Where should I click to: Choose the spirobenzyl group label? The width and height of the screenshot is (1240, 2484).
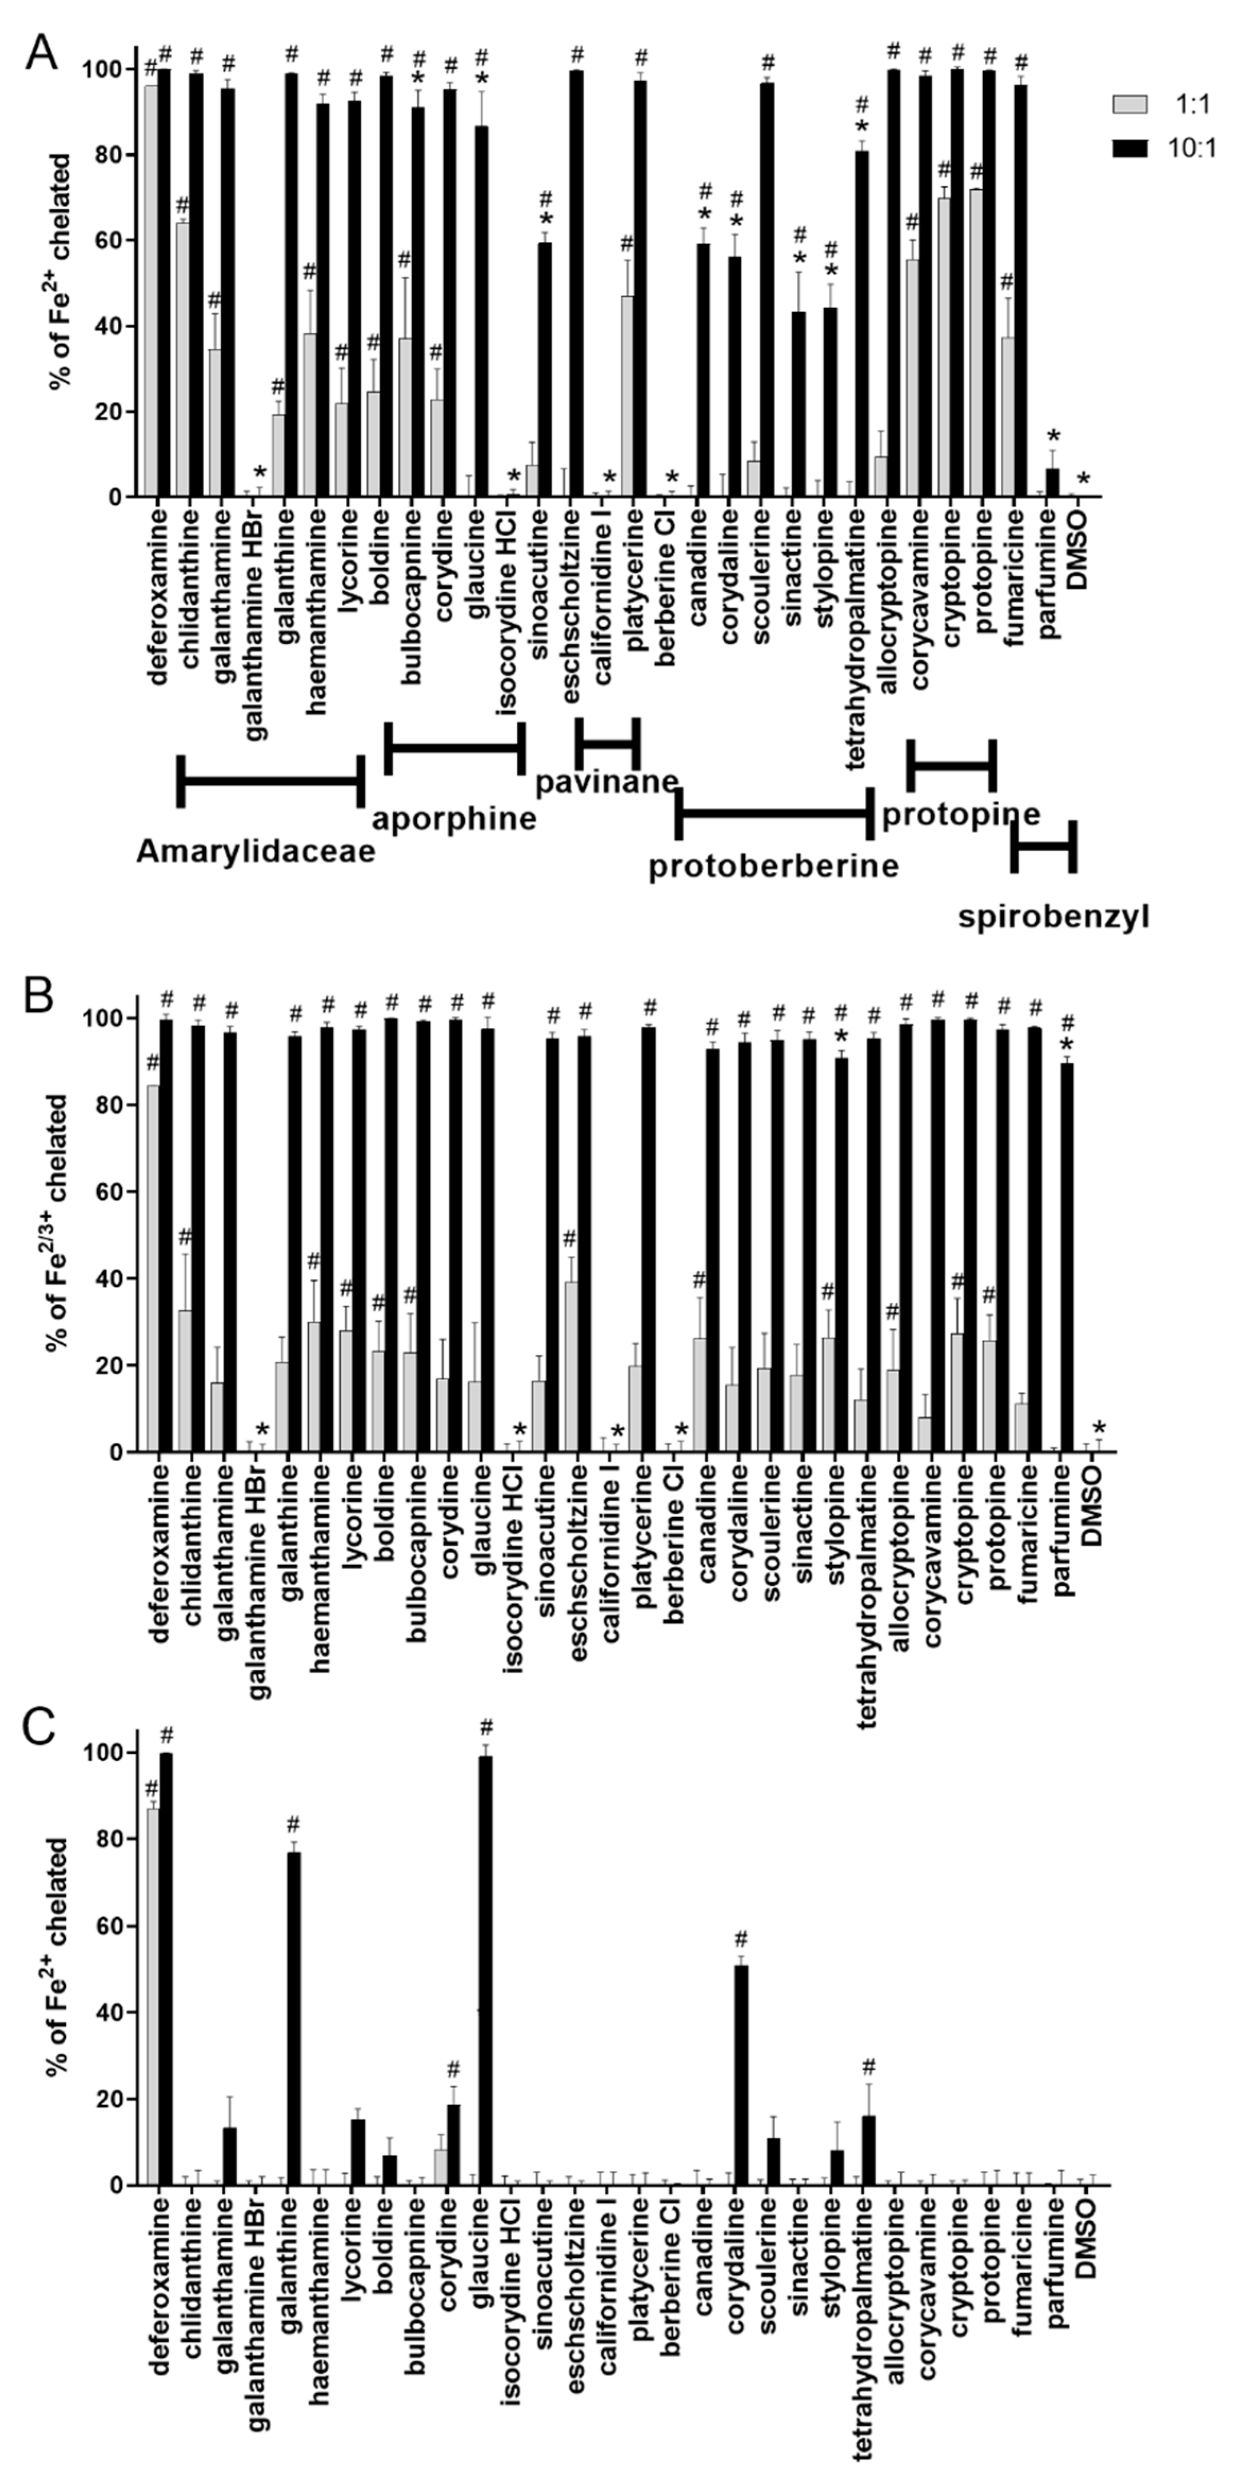pos(1053,916)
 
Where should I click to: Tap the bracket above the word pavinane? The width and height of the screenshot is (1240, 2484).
pos(608,742)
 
